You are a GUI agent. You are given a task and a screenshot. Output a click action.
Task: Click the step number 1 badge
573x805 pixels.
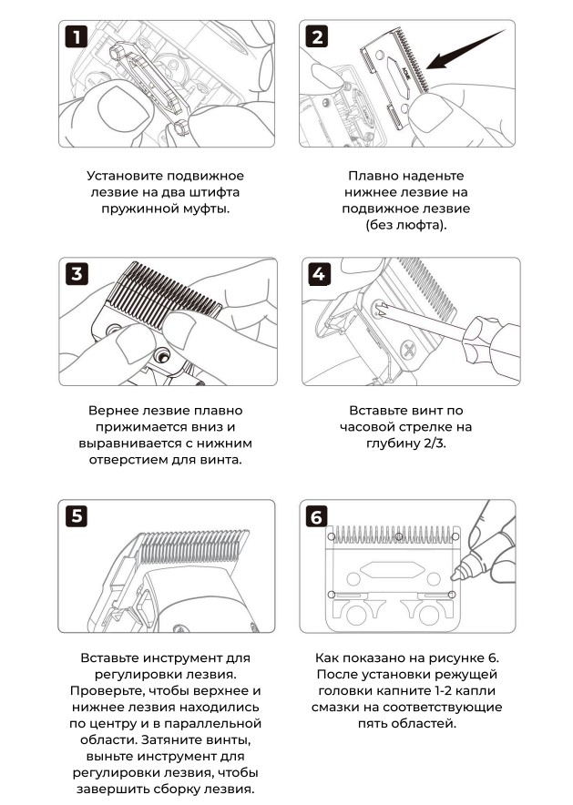click(77, 37)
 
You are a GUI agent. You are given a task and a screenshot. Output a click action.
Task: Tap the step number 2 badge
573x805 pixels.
click(317, 37)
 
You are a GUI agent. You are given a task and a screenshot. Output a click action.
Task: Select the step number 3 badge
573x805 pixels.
click(77, 273)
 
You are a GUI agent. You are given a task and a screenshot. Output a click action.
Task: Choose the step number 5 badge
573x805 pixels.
click(77, 516)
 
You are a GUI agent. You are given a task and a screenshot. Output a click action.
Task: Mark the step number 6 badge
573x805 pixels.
click(317, 516)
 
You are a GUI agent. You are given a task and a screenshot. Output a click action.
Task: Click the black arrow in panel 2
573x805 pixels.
click(465, 50)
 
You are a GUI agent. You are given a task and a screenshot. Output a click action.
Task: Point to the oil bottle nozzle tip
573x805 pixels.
click(454, 578)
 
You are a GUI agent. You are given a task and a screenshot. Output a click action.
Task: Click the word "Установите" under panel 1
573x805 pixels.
click(123, 176)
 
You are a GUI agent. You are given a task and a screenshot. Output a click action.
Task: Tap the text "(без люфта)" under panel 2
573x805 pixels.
click(406, 225)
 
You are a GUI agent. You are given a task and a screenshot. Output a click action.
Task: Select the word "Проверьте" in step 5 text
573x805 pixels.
click(107, 690)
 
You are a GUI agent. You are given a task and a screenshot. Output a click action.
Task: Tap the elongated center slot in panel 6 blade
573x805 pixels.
click(393, 569)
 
